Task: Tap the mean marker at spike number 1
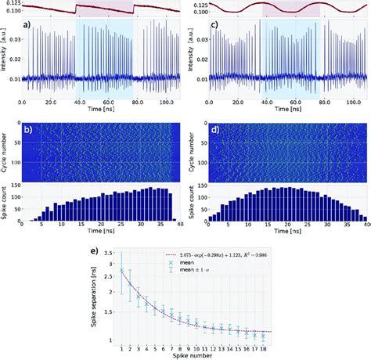point(121,270)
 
